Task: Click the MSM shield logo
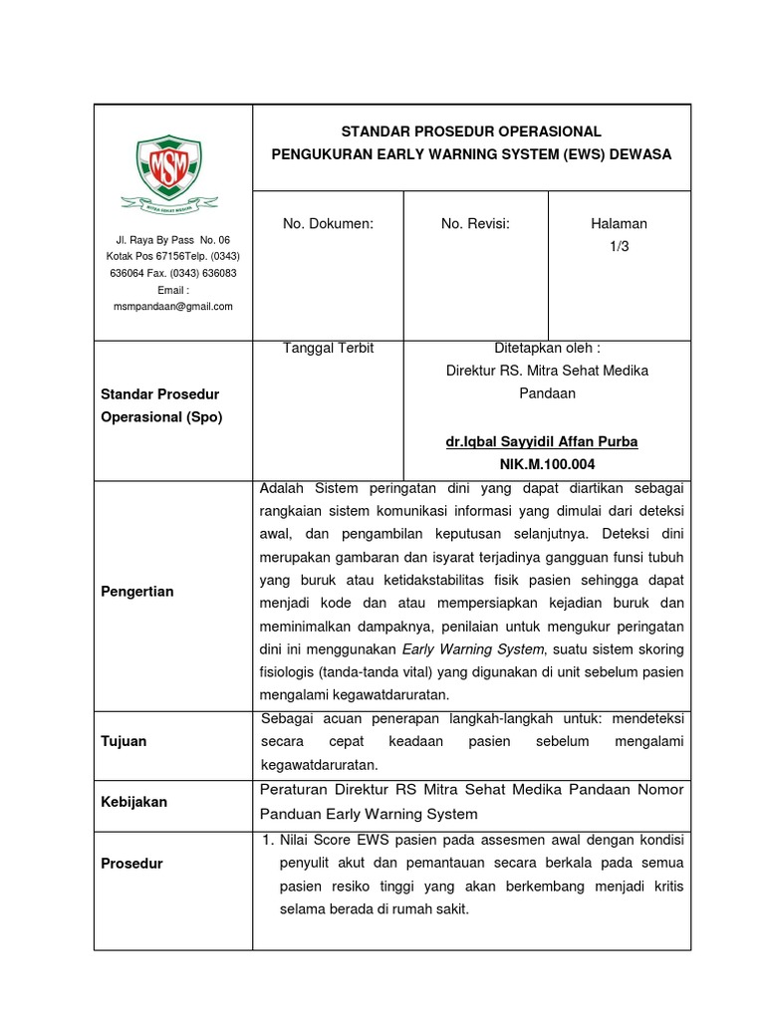pyautogui.click(x=168, y=166)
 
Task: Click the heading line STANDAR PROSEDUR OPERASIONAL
pyautogui.click(x=471, y=131)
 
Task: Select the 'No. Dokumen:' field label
pyautogui.click(x=328, y=224)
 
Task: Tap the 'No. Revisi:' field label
pyautogui.click(x=475, y=224)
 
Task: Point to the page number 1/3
pyautogui.click(x=620, y=246)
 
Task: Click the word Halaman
pyautogui.click(x=619, y=224)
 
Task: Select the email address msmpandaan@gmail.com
pyautogui.click(x=172, y=307)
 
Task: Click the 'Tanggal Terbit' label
pyautogui.click(x=328, y=349)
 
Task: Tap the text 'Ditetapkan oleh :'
pyautogui.click(x=547, y=349)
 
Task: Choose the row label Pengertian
pyautogui.click(x=137, y=592)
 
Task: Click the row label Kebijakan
pyautogui.click(x=133, y=802)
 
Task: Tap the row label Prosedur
pyautogui.click(x=131, y=864)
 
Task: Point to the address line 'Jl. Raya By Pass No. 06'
pyautogui.click(x=172, y=240)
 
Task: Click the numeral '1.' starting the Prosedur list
pyautogui.click(x=267, y=841)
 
